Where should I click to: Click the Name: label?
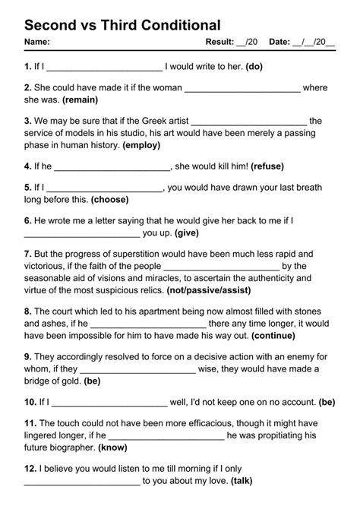coord(37,43)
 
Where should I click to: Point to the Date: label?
coord(279,43)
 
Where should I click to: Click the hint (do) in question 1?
coord(254,66)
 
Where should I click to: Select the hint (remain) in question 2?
coord(89,100)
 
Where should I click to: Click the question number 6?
coord(27,220)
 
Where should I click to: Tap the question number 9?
coord(27,356)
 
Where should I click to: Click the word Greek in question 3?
coord(150,120)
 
